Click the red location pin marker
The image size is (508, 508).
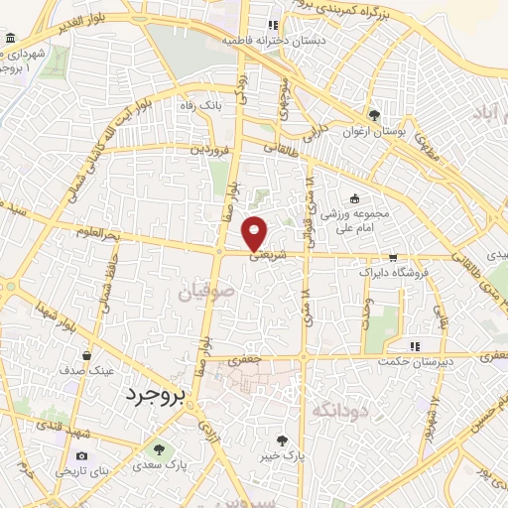256,231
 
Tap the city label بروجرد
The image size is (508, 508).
157,395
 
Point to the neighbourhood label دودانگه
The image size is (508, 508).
340,409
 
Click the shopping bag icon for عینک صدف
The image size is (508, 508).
89,354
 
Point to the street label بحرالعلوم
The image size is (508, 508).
98,233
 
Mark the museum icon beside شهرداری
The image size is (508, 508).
10,38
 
